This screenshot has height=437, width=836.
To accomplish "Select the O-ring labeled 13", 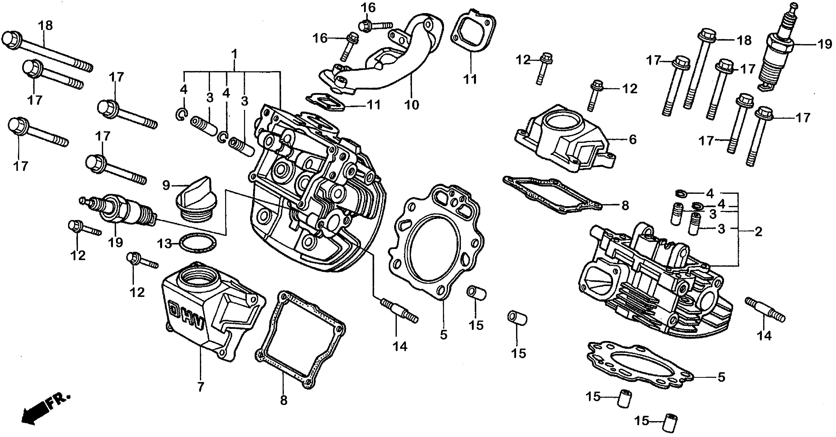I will click(198, 243).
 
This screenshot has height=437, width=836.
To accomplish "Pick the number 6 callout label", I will click(633, 140).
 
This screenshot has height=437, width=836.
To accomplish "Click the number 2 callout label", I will click(758, 232).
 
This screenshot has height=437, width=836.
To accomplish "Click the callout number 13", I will click(164, 243).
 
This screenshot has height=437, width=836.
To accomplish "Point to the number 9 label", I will click(166, 185).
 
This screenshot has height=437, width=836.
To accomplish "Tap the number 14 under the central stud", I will click(400, 347).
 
